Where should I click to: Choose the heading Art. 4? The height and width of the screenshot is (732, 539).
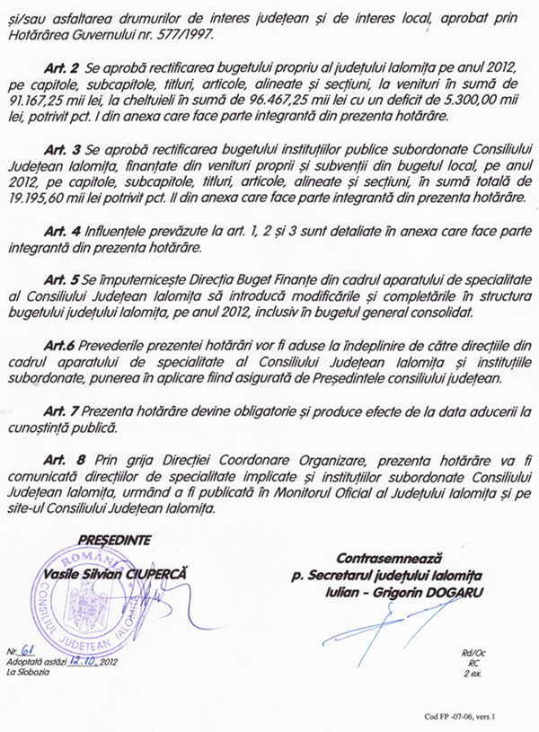point(60,232)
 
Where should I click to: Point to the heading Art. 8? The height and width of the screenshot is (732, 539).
point(60,455)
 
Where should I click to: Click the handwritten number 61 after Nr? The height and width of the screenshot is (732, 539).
point(31,650)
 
